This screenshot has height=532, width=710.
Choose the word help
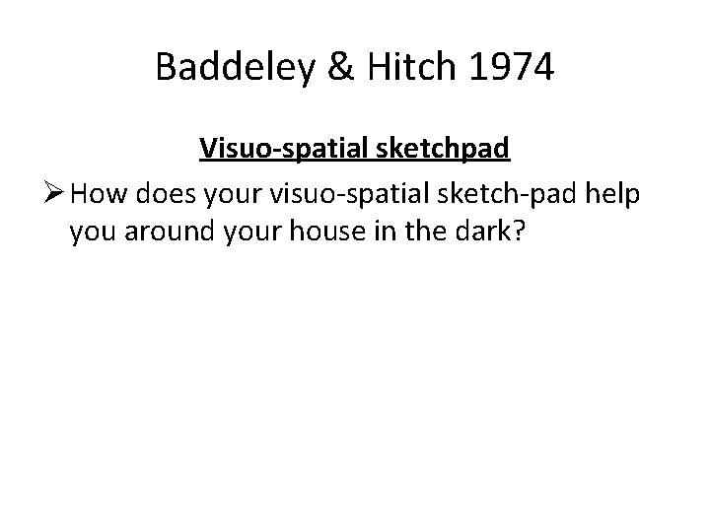click(x=614, y=195)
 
